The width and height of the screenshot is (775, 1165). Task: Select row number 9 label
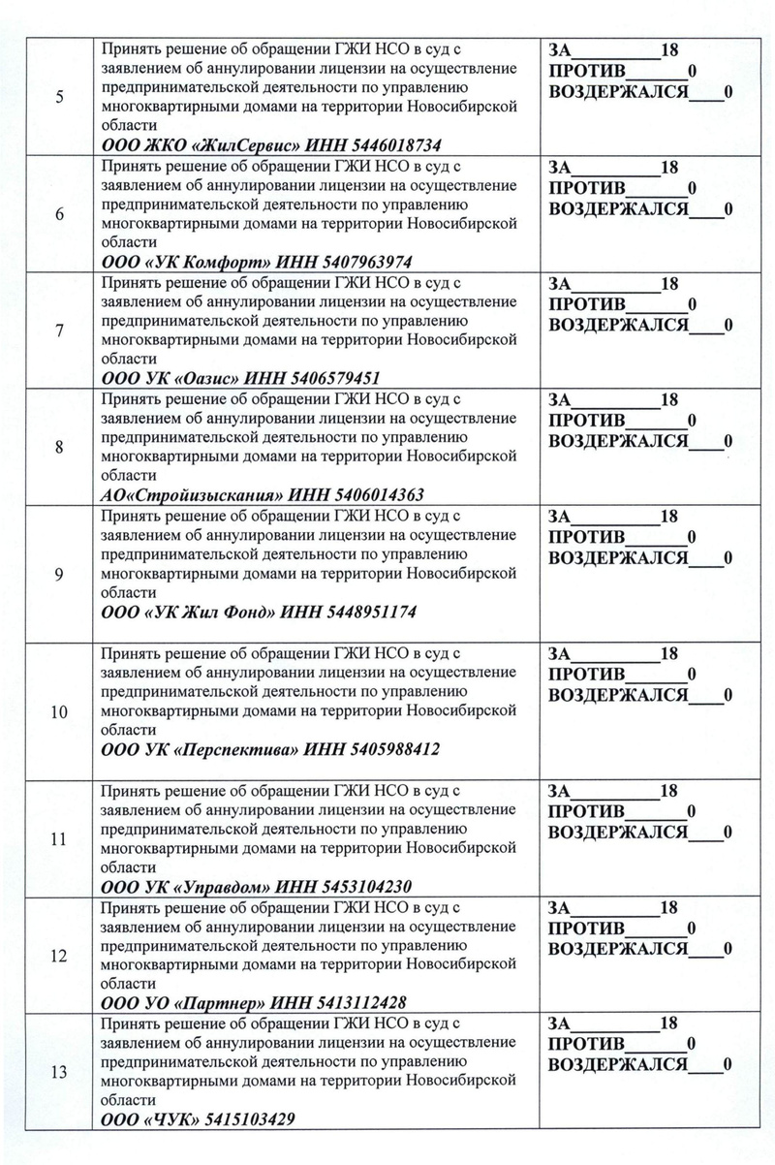(60, 574)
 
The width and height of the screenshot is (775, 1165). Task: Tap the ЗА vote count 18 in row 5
(667, 48)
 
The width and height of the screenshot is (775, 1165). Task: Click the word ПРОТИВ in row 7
(587, 304)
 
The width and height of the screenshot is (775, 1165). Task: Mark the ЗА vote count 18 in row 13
(667, 1023)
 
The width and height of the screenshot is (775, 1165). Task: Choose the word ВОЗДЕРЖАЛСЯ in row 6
(618, 208)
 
